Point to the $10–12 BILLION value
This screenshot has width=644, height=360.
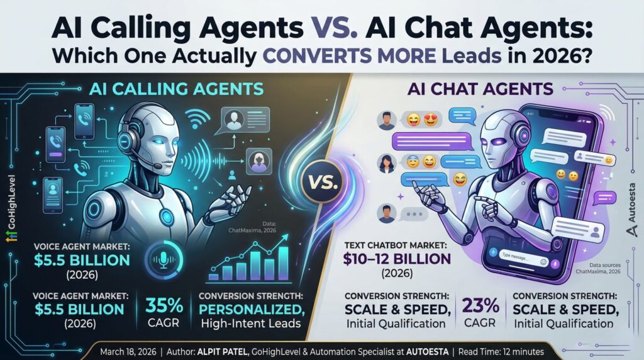click(x=397, y=258)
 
